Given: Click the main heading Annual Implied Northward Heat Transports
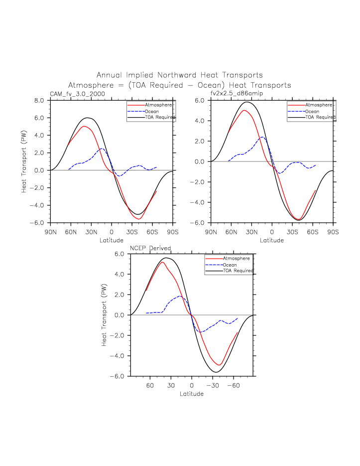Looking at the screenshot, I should [x=179, y=75].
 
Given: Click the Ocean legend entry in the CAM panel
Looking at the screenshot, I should [x=151, y=111].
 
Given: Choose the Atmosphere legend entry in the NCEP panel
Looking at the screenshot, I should [x=236, y=259].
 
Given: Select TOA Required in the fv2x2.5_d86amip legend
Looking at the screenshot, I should [x=320, y=117].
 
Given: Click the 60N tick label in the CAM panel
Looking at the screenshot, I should [x=71, y=232].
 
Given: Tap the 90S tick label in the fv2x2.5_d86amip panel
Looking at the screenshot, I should [x=333, y=232].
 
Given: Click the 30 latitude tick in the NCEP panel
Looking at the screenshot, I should [x=171, y=385].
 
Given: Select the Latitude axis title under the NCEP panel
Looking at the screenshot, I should [x=192, y=393].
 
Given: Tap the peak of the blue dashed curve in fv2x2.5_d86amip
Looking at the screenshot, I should [x=262, y=137].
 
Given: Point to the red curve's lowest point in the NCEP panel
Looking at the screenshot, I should [x=219, y=365].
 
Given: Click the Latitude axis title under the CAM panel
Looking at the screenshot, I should [x=112, y=240].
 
